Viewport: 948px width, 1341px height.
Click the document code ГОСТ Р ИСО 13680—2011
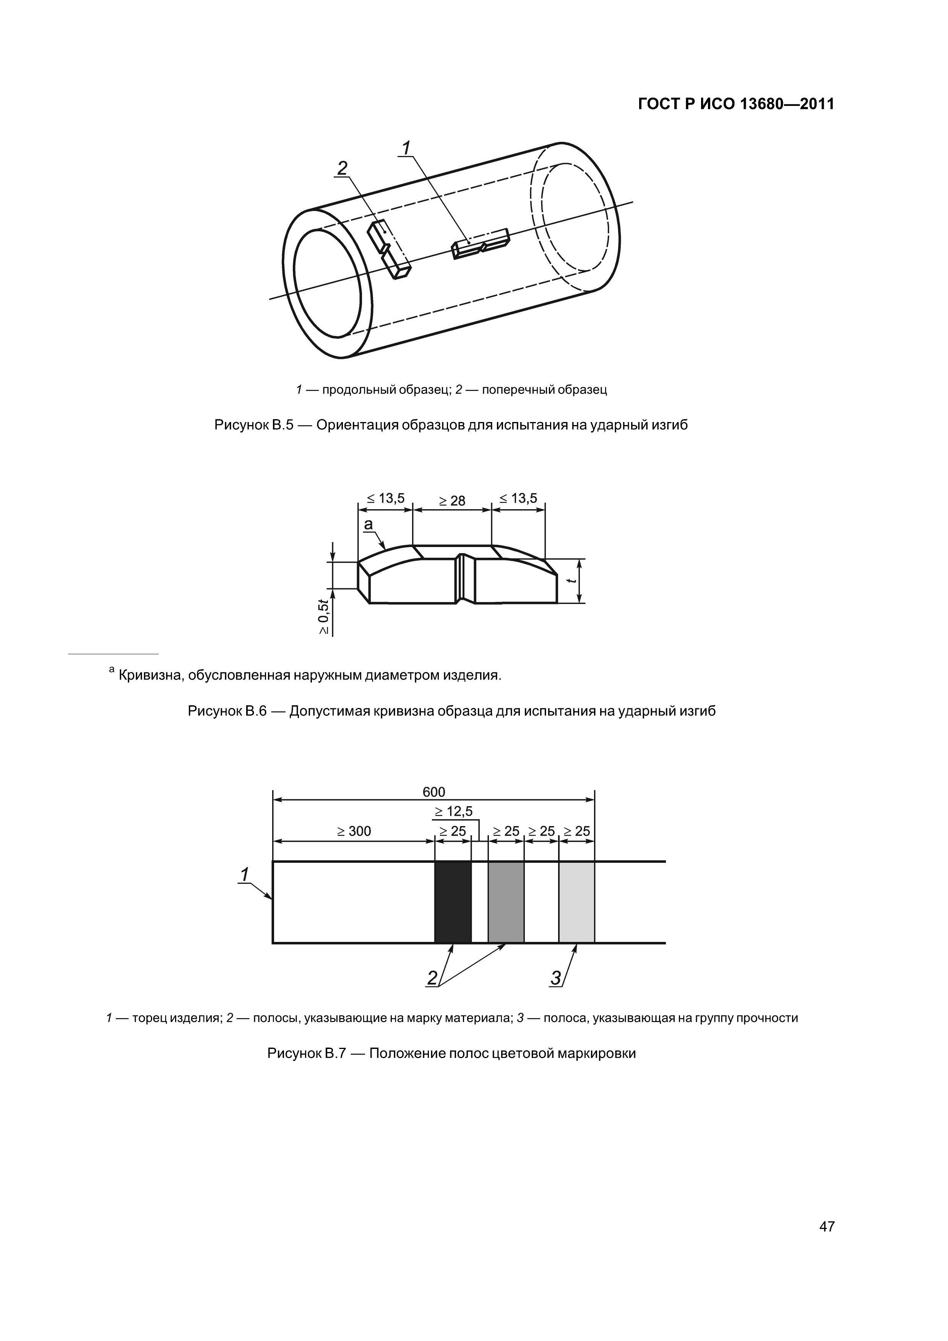click(x=735, y=104)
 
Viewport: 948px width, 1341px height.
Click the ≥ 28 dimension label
click(x=452, y=500)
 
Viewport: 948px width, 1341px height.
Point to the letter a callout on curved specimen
click(x=368, y=524)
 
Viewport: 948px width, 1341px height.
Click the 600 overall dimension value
click(x=433, y=791)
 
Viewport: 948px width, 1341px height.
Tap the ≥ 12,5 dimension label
click(x=454, y=811)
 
